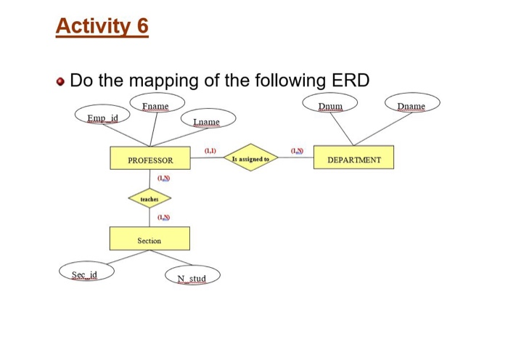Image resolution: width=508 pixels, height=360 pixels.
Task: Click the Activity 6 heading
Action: pos(102,27)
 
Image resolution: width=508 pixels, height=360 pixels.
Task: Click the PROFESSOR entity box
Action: pos(150,160)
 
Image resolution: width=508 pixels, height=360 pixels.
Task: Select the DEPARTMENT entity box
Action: pos(353,159)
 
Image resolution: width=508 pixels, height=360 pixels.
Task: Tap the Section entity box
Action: pos(149,240)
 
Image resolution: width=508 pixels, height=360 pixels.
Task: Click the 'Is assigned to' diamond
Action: pos(250,158)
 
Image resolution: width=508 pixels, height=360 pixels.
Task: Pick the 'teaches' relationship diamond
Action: pos(149,197)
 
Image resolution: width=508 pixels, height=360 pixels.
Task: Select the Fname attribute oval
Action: pos(155,106)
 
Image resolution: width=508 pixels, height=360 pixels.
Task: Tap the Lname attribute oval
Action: pos(206,121)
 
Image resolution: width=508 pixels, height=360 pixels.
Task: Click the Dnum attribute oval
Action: pos(330,106)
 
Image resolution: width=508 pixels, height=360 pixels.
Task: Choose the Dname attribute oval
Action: pos(411,106)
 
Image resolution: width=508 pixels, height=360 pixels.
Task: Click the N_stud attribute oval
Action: pos(192,277)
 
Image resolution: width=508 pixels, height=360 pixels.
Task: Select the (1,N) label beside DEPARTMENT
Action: pos(297,150)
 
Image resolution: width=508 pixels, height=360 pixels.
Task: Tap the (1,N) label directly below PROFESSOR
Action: pos(163,178)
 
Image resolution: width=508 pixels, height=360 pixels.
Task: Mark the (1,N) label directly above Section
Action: pos(163,216)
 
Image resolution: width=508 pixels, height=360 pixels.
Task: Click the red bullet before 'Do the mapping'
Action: pos(62,80)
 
